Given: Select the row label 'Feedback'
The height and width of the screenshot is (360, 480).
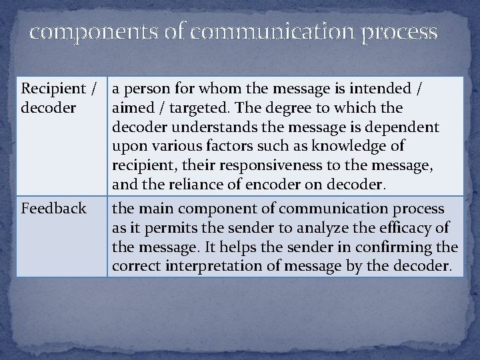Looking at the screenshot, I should tap(54, 209).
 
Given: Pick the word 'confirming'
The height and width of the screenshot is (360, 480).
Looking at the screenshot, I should tap(401, 248).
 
